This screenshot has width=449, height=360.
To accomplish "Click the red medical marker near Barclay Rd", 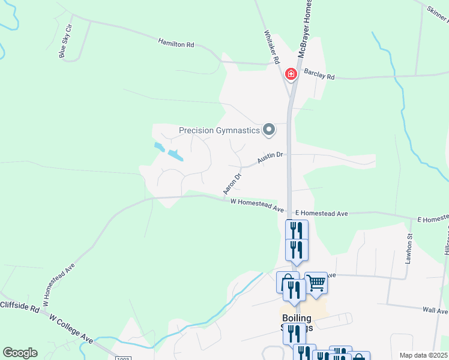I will (x=291, y=74).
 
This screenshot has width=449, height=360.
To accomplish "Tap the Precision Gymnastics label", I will (x=220, y=130).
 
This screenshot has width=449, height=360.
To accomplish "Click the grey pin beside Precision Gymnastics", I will (x=270, y=130).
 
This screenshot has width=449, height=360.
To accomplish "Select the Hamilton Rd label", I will (x=176, y=44).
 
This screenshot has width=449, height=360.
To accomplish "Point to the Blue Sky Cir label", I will (x=65, y=41).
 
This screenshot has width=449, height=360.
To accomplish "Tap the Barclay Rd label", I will (x=319, y=76).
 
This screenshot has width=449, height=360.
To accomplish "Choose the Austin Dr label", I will (x=270, y=158).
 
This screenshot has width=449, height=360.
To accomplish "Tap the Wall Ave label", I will (x=435, y=311).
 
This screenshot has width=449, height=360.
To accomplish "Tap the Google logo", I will (x=20, y=353).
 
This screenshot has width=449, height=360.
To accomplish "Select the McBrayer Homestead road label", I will (x=305, y=27).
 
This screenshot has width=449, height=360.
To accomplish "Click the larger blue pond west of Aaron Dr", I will (x=175, y=155).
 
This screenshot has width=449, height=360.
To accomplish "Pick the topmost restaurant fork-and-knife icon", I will (x=297, y=229).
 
